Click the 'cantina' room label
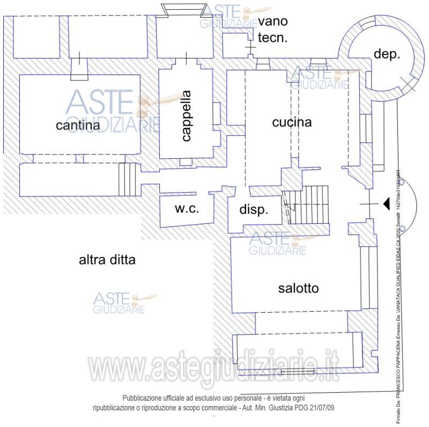tap(78, 126)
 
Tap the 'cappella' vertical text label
tap(186, 115)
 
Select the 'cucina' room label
tap(292, 122)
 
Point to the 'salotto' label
tap(298, 289)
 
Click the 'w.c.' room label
tap(187, 209)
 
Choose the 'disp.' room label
tap(253, 210)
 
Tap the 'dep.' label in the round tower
tap(387, 55)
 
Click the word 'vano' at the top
tap(273, 21)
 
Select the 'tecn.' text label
tap(273, 38)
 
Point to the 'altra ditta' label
tap(107, 261)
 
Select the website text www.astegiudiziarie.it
tap(213, 370)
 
